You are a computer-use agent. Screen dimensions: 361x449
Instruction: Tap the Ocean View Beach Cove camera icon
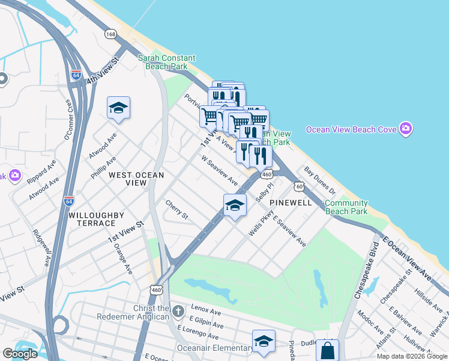(406, 129)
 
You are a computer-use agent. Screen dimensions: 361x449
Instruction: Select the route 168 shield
(110, 34)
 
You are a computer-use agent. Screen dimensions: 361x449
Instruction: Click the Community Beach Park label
(346, 207)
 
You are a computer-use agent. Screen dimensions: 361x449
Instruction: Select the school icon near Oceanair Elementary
(264, 341)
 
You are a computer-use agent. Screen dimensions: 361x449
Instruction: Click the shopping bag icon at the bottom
(327, 350)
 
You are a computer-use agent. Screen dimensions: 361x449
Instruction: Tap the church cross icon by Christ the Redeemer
(178, 312)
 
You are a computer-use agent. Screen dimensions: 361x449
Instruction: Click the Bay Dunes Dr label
(320, 179)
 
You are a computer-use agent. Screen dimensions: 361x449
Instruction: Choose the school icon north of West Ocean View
(118, 108)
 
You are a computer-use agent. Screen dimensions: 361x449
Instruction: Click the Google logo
(20, 354)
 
